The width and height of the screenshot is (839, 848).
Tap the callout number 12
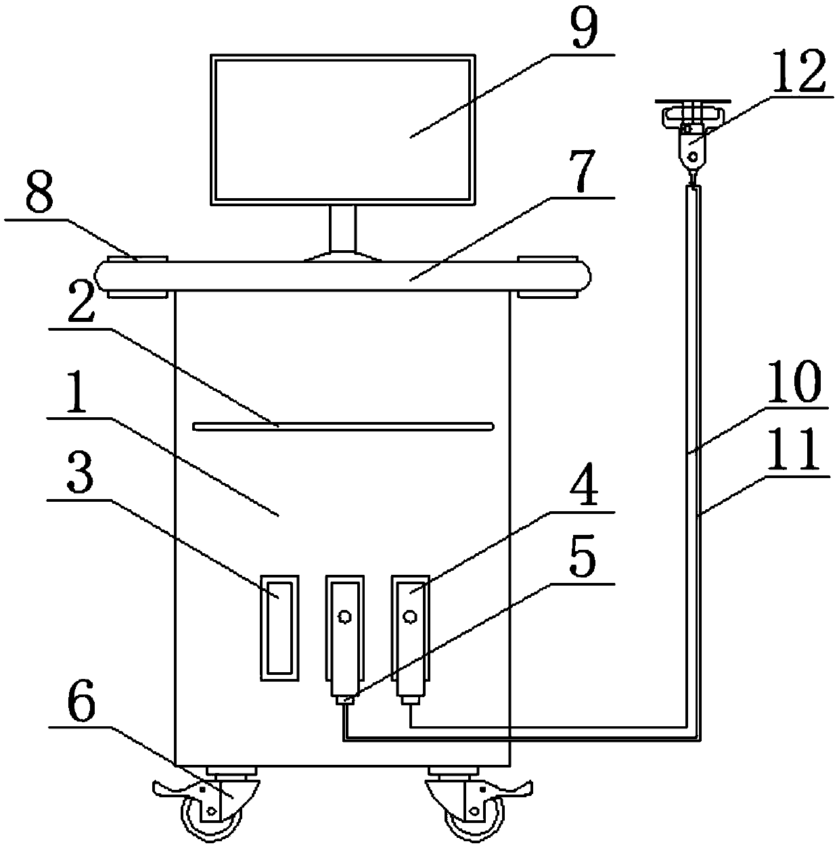tap(799, 73)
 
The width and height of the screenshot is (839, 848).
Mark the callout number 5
tap(583, 559)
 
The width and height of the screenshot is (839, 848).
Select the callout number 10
tap(799, 384)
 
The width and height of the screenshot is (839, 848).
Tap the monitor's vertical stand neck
tap(343, 227)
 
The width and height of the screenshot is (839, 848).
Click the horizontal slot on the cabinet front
tap(343, 426)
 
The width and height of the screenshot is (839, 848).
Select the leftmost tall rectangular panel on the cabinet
tap(279, 628)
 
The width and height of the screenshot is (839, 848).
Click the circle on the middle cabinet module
tap(344, 616)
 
